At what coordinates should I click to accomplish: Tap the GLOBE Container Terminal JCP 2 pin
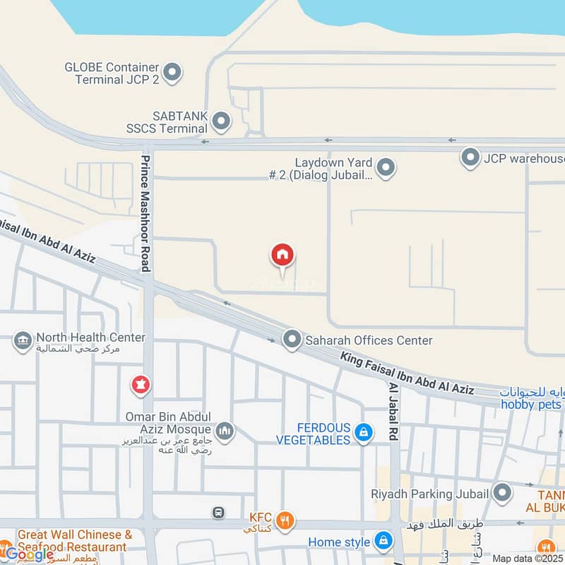point(172,72)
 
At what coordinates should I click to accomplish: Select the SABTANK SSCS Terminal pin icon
point(221,121)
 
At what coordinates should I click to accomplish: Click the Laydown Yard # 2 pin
point(385,168)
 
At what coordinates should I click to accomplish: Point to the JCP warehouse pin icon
point(470,157)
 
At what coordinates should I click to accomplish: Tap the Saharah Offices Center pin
point(292,340)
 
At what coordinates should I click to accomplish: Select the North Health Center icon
point(23,342)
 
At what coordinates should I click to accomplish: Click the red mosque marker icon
point(140,386)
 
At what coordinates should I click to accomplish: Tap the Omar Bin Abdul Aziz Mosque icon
point(225,431)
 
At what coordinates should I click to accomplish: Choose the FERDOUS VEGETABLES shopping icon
point(364,432)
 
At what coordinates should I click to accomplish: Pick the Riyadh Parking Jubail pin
point(502,493)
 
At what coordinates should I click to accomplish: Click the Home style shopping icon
point(383,542)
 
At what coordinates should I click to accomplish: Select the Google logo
point(28,554)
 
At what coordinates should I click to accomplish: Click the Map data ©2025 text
point(525,559)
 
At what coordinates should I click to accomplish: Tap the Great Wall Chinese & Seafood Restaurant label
point(75,540)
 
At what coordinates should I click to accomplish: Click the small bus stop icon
point(219,512)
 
